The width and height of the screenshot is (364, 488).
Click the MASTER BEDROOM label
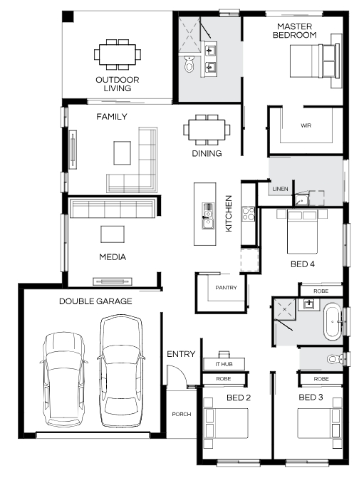tap(295, 31)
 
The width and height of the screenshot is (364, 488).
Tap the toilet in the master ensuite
tap(189, 64)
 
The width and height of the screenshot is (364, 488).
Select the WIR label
tap(306, 125)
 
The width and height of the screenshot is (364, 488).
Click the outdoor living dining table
tap(118, 54)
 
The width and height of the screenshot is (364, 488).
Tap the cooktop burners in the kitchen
tap(249, 214)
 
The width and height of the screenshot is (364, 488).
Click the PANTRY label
tap(227, 288)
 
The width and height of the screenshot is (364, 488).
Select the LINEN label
tap(280, 189)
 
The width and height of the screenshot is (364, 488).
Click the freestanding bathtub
tap(333, 321)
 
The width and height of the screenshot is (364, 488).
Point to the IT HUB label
tap(224, 364)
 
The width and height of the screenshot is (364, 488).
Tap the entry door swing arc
tap(180, 373)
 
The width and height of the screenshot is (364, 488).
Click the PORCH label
tap(182, 414)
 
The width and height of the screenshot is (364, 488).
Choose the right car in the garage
tap(121, 370)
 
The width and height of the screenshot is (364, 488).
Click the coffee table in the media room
tap(113, 234)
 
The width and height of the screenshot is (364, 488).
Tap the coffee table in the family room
tap(122, 152)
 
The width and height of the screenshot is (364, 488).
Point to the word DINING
tap(207, 153)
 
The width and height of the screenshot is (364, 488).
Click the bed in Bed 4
tap(302, 232)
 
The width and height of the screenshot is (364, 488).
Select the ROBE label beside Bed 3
tap(321, 379)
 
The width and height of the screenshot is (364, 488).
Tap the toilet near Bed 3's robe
tap(335, 359)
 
